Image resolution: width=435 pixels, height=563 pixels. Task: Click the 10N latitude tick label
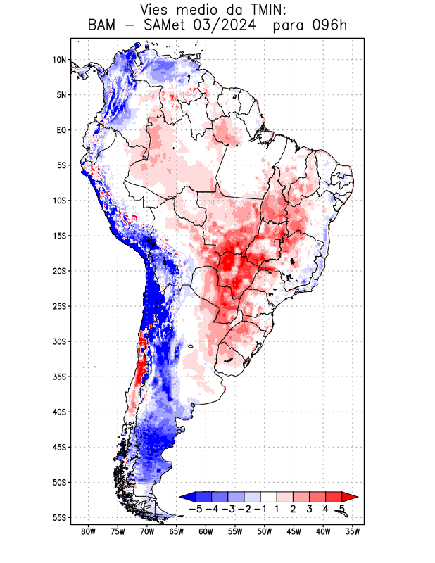[59, 60]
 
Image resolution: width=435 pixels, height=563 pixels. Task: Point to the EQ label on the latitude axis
[61, 130]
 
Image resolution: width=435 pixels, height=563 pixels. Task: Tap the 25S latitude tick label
[59, 306]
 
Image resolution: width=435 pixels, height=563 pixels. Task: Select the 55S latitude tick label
[59, 517]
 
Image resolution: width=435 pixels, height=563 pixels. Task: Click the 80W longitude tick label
[89, 531]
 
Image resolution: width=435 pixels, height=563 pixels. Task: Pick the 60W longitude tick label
[206, 531]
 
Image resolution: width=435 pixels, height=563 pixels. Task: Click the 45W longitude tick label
[294, 531]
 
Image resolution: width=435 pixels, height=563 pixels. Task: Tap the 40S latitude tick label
[59, 412]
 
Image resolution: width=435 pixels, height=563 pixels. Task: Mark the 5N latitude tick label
[61, 95]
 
